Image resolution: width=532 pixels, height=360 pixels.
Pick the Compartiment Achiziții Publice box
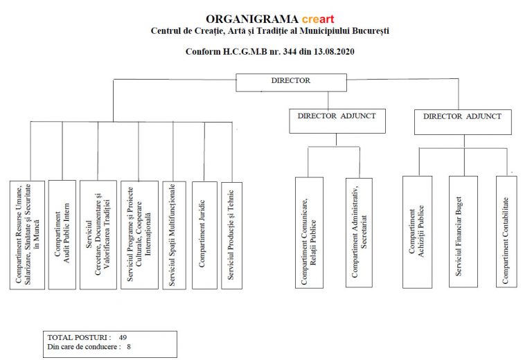tap(418, 232)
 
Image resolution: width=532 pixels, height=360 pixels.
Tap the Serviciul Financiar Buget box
tap(463, 232)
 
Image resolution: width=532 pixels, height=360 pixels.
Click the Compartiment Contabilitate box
tap(506, 232)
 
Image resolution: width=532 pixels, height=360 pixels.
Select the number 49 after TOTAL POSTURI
tap(123, 336)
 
